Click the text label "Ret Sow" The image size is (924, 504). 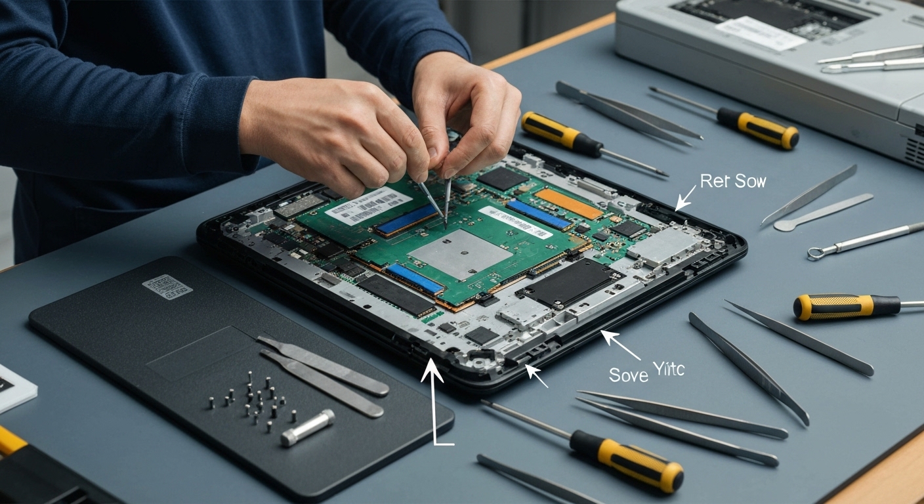tap(732, 181)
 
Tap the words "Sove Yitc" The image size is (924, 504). tap(646, 373)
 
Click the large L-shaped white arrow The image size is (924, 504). tap(433, 400)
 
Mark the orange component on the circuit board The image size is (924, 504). tap(568, 203)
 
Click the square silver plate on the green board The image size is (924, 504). tap(459, 255)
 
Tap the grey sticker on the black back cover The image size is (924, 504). tap(167, 284)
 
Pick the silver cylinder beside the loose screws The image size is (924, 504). tap(308, 428)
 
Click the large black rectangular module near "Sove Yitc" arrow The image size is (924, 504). tap(568, 282)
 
